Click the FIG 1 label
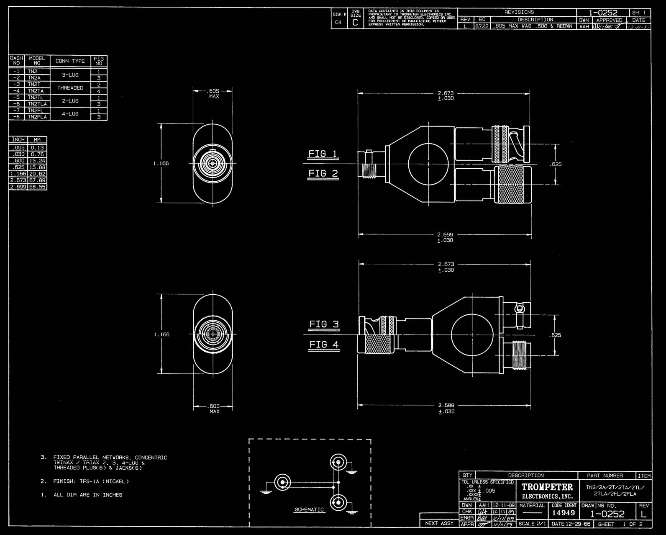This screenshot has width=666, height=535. (323, 154)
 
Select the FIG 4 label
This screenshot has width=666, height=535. (323, 345)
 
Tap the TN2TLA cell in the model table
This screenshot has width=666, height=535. (37, 104)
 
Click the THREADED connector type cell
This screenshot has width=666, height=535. (70, 88)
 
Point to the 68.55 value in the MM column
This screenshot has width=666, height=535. (37, 187)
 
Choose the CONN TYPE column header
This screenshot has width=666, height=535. (70, 61)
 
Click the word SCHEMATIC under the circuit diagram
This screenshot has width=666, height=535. (309, 509)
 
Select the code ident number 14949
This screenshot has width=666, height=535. (564, 513)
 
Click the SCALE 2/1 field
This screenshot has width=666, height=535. (533, 524)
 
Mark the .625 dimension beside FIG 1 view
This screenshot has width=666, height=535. (556, 165)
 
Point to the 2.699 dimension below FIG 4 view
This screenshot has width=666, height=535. (446, 405)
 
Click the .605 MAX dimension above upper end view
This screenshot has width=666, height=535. (214, 93)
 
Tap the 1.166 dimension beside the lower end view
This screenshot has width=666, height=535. (161, 334)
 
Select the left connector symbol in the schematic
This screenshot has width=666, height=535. (282, 483)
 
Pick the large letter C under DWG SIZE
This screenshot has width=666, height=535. (355, 23)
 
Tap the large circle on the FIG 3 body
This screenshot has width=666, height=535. (472, 335)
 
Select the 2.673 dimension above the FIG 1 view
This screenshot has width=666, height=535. (445, 93)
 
